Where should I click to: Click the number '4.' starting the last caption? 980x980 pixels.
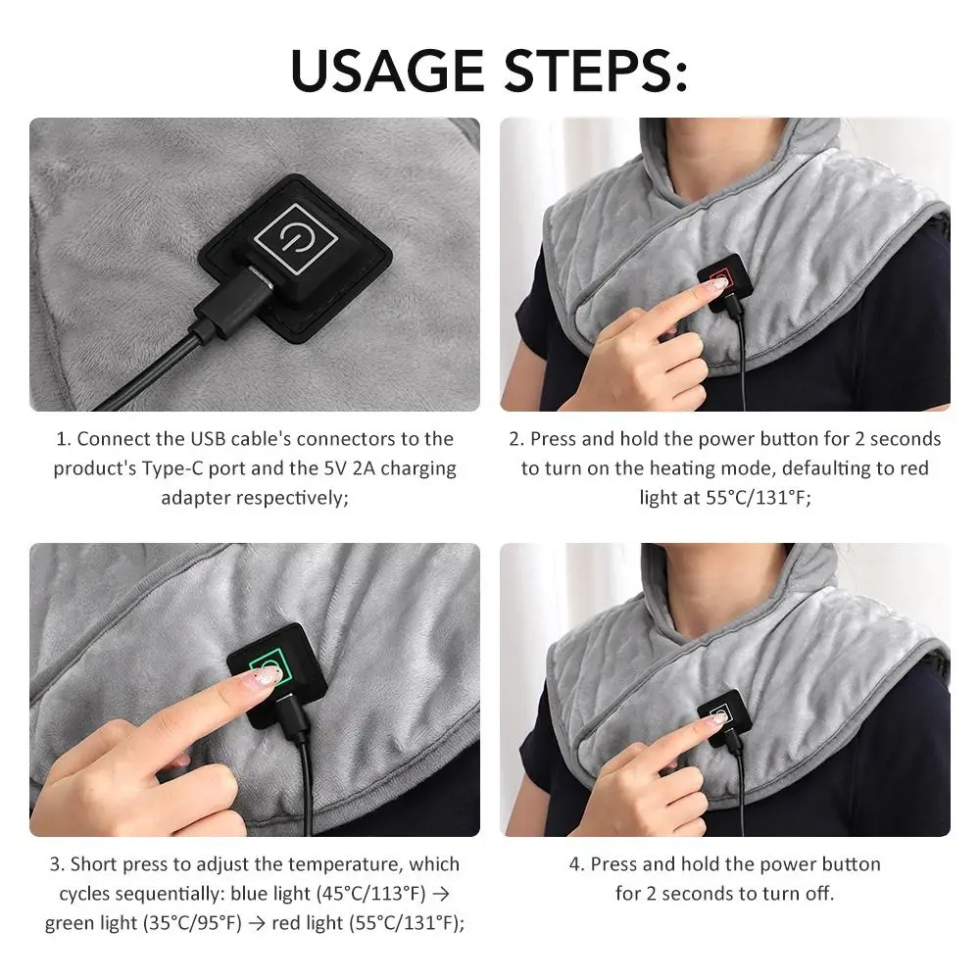(577, 864)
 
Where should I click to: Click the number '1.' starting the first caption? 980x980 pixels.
(63, 439)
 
